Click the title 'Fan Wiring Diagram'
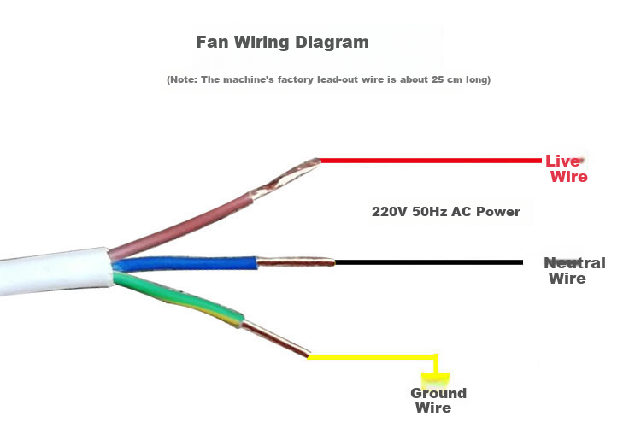(x=282, y=43)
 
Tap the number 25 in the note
(x=438, y=79)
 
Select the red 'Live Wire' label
(x=567, y=168)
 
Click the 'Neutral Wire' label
(x=574, y=271)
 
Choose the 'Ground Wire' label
(x=438, y=401)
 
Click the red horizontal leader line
(x=431, y=161)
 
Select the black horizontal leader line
(x=428, y=262)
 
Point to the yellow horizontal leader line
(x=372, y=357)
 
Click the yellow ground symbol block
(x=435, y=380)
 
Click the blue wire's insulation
(x=185, y=264)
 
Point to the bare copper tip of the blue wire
(x=296, y=262)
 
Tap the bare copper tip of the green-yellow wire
(x=275, y=339)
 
